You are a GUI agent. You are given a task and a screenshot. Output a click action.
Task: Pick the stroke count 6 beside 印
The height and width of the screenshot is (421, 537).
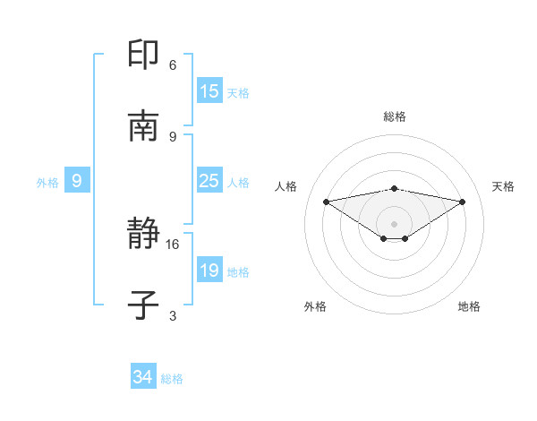pos(173,65)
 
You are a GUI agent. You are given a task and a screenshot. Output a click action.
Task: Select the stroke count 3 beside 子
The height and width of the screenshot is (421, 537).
pos(173,315)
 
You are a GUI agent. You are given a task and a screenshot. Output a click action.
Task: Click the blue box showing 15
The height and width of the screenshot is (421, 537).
pos(209,90)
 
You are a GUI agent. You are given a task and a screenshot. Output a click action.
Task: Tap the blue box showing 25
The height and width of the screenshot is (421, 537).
pos(209,181)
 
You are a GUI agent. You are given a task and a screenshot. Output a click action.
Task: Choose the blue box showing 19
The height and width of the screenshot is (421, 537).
pos(209,271)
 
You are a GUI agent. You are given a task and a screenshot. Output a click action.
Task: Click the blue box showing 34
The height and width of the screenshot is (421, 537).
pos(143,378)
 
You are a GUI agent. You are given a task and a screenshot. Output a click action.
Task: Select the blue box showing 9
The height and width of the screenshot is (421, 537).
pos(77,181)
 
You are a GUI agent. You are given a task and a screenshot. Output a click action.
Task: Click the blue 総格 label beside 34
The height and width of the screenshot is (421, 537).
pos(172,379)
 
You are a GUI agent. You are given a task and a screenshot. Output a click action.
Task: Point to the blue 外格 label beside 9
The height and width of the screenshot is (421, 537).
pos(47,182)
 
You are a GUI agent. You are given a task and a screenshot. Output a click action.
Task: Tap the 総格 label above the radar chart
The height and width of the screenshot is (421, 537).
pos(395,116)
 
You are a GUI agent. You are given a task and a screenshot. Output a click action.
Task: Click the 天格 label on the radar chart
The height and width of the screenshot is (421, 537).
pos(504,186)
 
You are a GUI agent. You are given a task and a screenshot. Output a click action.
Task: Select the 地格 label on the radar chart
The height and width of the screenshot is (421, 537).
pos(469,306)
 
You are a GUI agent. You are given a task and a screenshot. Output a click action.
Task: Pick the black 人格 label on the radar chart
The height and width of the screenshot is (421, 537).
pos(286,186)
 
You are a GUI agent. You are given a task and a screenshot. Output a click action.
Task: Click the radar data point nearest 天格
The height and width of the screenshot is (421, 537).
pos(463,202)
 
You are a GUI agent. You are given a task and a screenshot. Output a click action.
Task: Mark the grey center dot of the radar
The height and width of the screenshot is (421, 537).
pos(395,223)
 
